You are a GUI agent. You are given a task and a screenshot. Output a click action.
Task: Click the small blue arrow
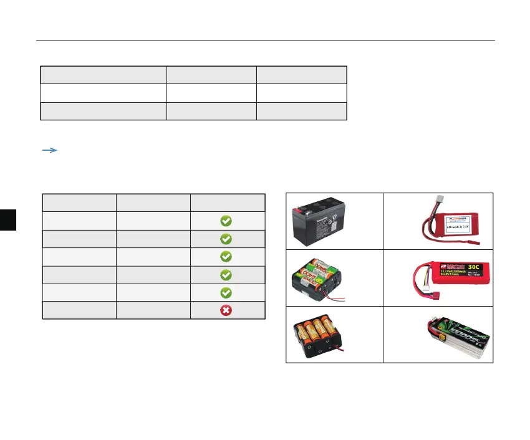[x=49, y=150]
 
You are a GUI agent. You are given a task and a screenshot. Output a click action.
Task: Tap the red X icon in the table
[x=226, y=310]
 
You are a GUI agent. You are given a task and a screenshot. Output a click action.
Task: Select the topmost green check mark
[x=226, y=221]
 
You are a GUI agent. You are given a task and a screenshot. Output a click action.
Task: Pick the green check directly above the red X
[x=226, y=292]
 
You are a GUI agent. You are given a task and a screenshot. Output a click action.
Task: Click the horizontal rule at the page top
[x=265, y=42]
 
